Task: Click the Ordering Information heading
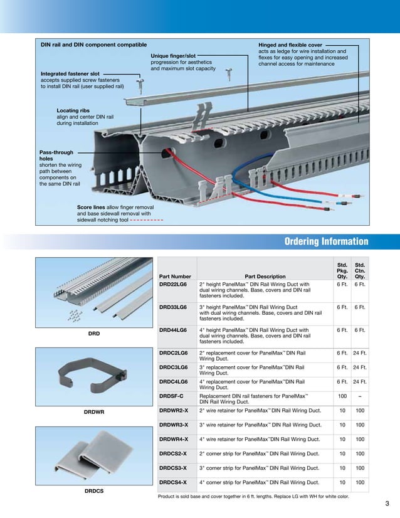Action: click(326, 242)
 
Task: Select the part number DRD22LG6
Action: click(173, 284)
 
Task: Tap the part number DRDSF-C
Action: click(171, 396)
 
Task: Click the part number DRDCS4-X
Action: click(173, 482)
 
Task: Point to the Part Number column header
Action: click(176, 276)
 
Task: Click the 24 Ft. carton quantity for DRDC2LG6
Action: click(360, 354)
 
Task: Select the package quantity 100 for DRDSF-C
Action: click(342, 396)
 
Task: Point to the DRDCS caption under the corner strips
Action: click(94, 490)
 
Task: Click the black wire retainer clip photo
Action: click(94, 377)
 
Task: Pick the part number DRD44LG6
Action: click(173, 329)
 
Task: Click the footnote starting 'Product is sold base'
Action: click(253, 496)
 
